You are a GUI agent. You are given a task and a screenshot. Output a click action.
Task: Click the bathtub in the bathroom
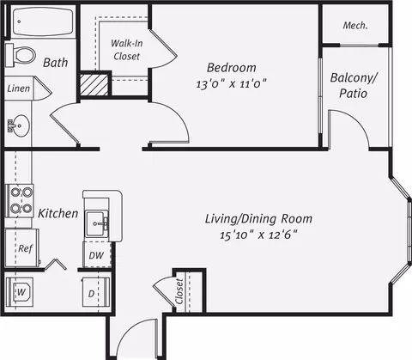[43, 21]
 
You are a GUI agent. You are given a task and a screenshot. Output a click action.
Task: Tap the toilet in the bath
[21, 54]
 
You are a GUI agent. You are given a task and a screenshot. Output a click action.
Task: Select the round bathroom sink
[19, 125]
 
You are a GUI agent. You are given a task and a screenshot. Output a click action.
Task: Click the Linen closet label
[19, 88]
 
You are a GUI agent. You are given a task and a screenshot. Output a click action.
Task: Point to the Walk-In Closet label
[127, 50]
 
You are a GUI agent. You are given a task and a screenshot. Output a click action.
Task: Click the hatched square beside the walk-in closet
[94, 85]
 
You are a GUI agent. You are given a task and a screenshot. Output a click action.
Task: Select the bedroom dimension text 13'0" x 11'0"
[231, 84]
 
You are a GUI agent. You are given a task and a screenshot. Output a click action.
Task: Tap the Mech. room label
[355, 26]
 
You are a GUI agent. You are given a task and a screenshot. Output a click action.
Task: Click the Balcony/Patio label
[354, 85]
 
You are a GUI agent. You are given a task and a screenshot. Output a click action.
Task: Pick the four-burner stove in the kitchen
[20, 200]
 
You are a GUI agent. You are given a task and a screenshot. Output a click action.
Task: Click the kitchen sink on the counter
[97, 223]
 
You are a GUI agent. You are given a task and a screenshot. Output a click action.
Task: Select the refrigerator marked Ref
[22, 247]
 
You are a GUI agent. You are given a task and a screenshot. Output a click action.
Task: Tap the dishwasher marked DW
[97, 255]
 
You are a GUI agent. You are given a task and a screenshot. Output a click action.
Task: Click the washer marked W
[20, 292]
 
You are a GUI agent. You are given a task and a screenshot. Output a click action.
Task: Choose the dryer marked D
[96, 292]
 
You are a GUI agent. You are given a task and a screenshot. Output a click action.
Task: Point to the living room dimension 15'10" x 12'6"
[258, 235]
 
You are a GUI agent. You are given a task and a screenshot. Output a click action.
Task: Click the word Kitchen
[58, 214]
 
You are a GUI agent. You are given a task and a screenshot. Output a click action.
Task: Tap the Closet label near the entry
[179, 291]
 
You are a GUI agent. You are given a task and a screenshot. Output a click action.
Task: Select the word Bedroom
[232, 68]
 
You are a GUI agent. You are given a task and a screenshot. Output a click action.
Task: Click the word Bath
[56, 63]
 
